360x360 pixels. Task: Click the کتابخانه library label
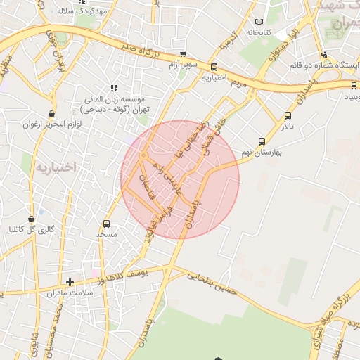tap(258, 32)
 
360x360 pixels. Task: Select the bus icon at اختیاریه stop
tap(214, 67)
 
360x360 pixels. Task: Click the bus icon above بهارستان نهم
tap(262, 141)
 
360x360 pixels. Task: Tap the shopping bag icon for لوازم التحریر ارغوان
tap(51, 113)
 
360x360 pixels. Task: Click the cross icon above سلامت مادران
tap(69, 282)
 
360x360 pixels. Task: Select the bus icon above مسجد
tap(106, 224)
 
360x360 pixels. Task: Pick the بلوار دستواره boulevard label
tap(278, 49)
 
